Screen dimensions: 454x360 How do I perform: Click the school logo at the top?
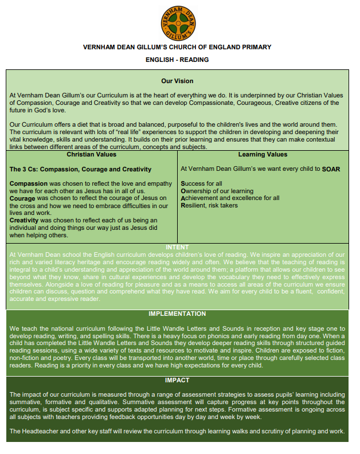point(177,21)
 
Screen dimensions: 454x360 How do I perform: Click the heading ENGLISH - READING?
point(177,60)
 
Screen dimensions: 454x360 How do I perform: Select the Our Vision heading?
point(177,81)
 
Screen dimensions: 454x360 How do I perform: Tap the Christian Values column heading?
point(92,155)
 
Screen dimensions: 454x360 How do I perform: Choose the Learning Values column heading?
point(263,155)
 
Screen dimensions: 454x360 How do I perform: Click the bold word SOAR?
point(331,169)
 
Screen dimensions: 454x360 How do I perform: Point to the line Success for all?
point(201,183)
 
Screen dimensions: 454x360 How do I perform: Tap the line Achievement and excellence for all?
point(230,198)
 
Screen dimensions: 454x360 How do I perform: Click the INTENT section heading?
point(177,248)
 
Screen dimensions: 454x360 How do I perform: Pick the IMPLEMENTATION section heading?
point(177,314)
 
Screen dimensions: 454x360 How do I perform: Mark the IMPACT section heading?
point(177,380)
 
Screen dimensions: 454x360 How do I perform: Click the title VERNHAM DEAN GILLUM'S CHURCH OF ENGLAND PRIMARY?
point(177,47)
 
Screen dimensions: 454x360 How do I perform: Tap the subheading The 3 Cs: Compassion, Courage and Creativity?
point(81,169)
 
